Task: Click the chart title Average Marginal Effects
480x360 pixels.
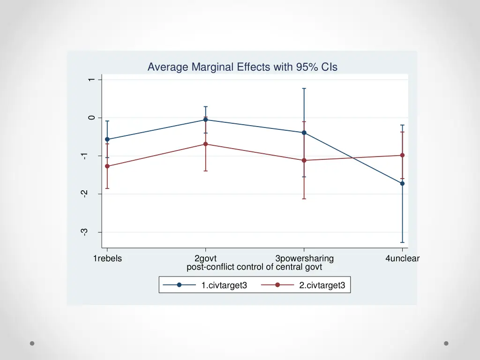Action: pyautogui.click(x=242, y=67)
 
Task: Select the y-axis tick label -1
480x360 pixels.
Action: pyautogui.click(x=84, y=156)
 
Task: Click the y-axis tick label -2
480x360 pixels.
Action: pyautogui.click(x=84, y=194)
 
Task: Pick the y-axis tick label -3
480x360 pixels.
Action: pyautogui.click(x=84, y=232)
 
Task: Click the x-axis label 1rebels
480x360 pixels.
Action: pyautogui.click(x=107, y=258)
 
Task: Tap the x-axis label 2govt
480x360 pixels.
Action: pyautogui.click(x=205, y=258)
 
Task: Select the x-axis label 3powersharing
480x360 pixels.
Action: pyautogui.click(x=304, y=258)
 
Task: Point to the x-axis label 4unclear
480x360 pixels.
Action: pyautogui.click(x=402, y=258)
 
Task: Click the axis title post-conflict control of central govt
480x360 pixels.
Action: pyautogui.click(x=254, y=267)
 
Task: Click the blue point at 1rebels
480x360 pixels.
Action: pyautogui.click(x=107, y=139)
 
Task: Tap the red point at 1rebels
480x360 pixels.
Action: pyautogui.click(x=107, y=166)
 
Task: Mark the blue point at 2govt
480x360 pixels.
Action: pyautogui.click(x=205, y=120)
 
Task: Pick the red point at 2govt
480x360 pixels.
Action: pyautogui.click(x=205, y=144)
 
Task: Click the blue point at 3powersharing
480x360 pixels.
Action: pyautogui.click(x=304, y=133)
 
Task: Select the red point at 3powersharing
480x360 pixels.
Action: pyautogui.click(x=304, y=160)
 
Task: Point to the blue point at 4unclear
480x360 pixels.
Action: pyautogui.click(x=402, y=183)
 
